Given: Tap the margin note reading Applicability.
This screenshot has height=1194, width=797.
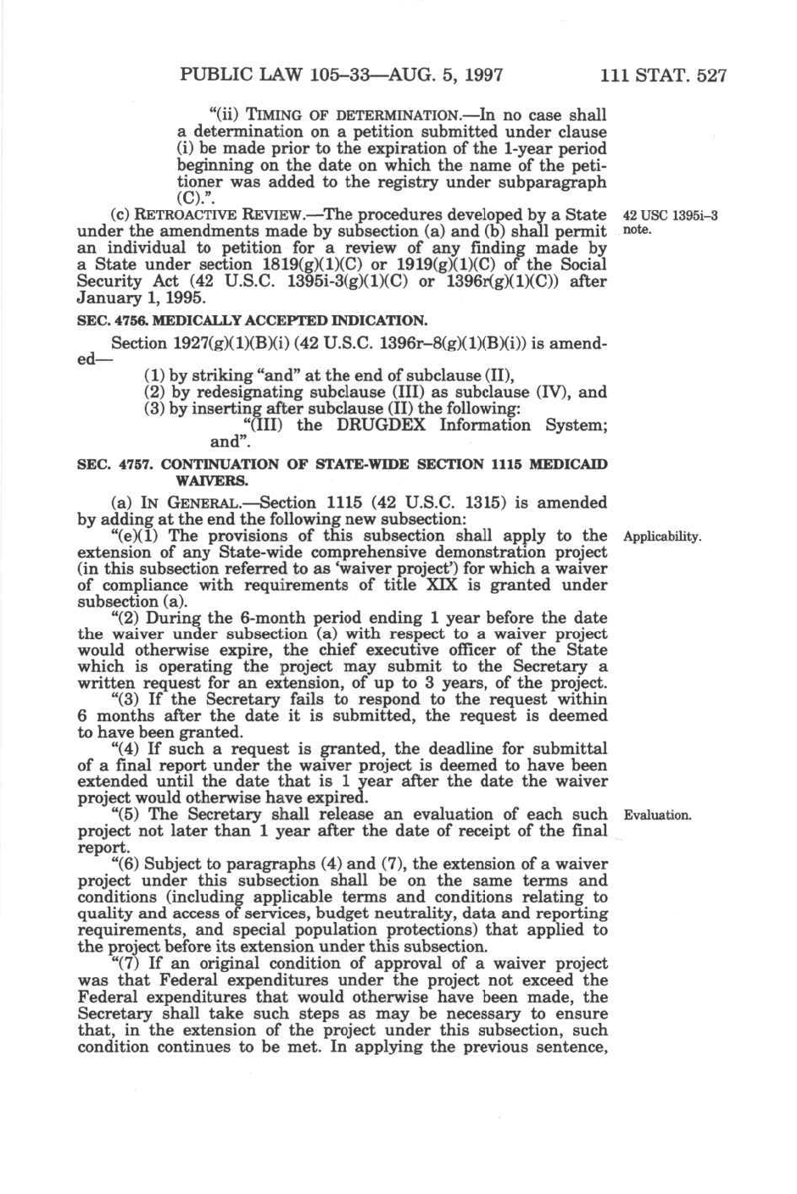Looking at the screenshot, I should (x=662, y=537).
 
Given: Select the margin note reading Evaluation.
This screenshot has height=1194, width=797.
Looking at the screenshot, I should (x=658, y=816).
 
